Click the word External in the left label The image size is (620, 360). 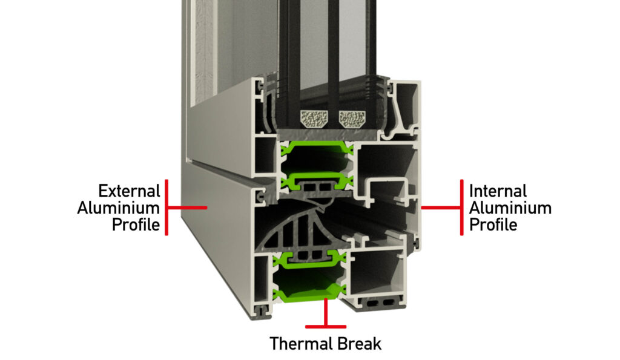[x=129, y=191]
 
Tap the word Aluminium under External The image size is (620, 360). [x=118, y=208]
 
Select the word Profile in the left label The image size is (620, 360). [x=136, y=225]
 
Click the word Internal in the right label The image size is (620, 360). [x=498, y=191]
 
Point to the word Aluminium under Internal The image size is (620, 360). [x=510, y=208]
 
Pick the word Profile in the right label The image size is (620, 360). [x=493, y=225]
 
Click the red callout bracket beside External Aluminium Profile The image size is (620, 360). [x=167, y=208]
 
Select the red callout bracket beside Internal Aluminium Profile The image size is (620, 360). [x=461, y=208]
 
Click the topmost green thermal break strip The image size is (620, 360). [x=316, y=147]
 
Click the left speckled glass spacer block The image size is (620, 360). [x=314, y=119]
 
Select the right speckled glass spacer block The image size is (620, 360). [x=352, y=119]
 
